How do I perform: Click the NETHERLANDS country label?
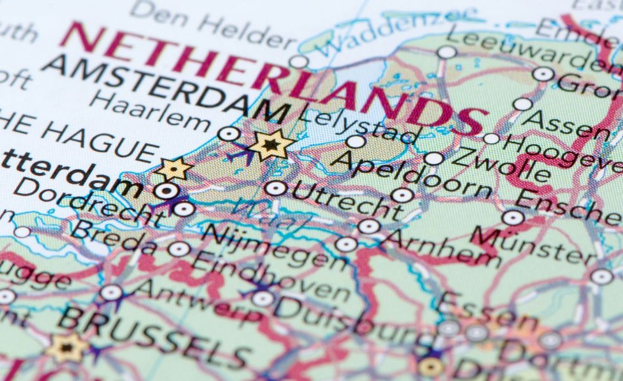271,75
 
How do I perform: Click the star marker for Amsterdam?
271,144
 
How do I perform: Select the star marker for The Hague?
174,169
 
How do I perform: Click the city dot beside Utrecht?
276,188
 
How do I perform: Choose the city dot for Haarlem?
229,135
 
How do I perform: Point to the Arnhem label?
441,247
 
